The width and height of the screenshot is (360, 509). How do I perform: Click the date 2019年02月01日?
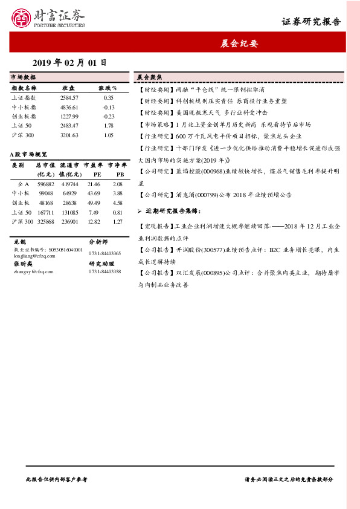tap(69, 62)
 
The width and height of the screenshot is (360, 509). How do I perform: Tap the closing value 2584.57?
tap(69, 97)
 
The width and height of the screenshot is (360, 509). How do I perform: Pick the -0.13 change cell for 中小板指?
tap(109, 107)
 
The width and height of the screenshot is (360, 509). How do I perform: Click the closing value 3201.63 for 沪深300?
tap(69, 135)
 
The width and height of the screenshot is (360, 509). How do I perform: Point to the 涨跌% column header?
tap(109, 88)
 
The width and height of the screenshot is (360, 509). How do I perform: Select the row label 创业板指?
tap(24, 116)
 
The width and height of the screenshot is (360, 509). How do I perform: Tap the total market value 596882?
tap(46, 184)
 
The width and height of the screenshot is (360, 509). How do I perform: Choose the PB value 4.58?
tap(118, 203)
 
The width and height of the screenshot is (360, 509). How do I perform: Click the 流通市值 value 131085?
tap(69, 212)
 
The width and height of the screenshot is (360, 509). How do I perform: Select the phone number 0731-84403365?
tap(105, 253)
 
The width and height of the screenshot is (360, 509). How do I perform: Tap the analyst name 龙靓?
tap(19, 241)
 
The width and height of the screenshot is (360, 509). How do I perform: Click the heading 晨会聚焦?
tap(148, 78)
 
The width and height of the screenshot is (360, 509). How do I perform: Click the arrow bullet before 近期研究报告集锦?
tap(140, 211)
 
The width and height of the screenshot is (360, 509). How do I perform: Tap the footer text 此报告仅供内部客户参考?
tap(56, 479)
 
